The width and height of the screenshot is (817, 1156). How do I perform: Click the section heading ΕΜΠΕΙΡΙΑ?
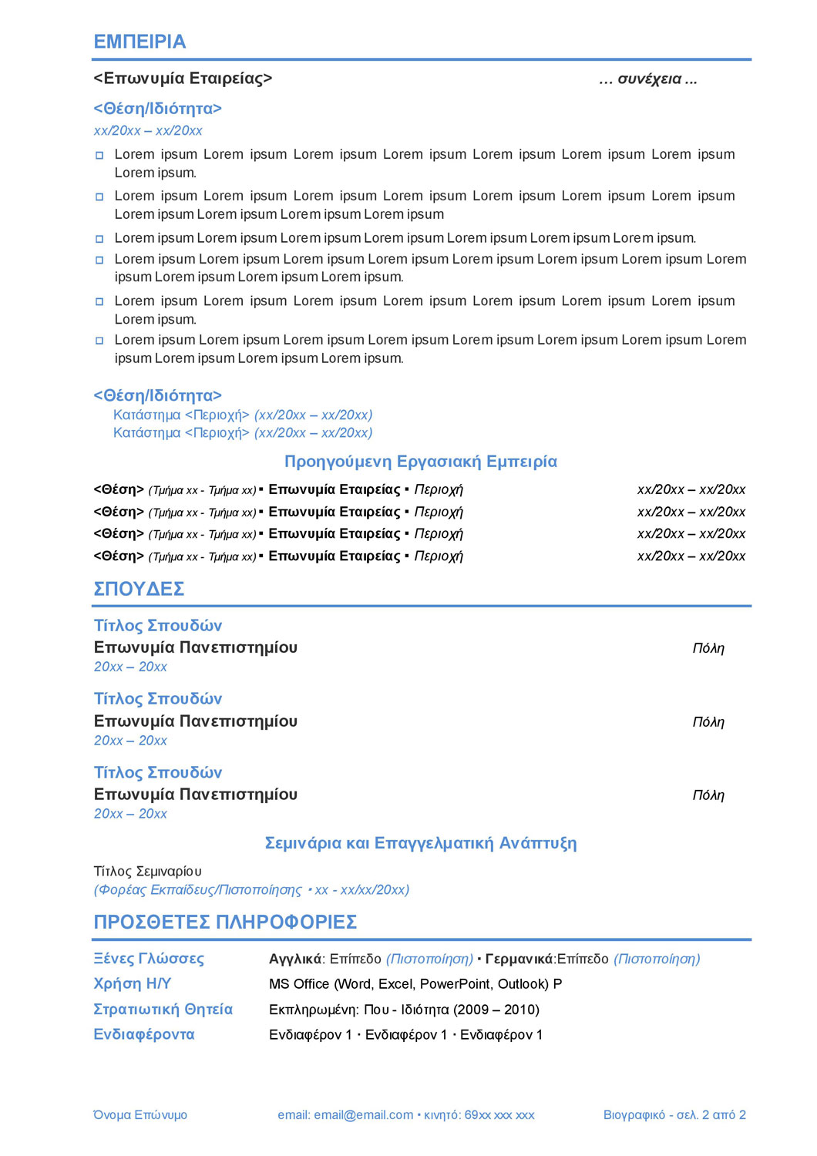pos(140,42)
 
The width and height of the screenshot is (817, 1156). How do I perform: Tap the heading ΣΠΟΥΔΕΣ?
pos(139,589)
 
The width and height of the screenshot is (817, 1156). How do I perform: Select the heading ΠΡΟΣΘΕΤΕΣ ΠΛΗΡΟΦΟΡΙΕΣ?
pos(225,922)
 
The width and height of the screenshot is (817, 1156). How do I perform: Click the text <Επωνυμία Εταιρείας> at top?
pos(183,79)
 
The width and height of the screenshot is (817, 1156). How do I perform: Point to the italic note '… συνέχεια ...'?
pos(647,79)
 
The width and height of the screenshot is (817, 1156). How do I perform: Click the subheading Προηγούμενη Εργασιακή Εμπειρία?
pos(421,462)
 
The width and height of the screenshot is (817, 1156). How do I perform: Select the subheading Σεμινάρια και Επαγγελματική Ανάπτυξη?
pos(421,843)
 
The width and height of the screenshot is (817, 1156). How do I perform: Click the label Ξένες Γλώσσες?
pos(149,959)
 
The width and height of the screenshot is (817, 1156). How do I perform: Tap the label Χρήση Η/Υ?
pos(133,984)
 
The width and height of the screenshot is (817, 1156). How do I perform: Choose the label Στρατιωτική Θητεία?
pos(163,1010)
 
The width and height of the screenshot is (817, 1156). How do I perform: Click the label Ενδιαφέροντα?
pos(144,1034)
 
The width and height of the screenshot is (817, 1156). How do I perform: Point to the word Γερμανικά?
pos(519,959)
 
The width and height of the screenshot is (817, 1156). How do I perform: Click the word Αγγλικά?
pos(295,959)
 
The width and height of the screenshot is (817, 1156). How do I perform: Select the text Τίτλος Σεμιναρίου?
pos(148,872)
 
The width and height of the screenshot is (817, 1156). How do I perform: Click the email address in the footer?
pos(364,1115)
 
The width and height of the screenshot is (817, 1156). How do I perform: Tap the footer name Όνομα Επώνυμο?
pos(140,1115)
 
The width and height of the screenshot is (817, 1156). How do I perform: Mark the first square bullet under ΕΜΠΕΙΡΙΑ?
pos(99,155)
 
